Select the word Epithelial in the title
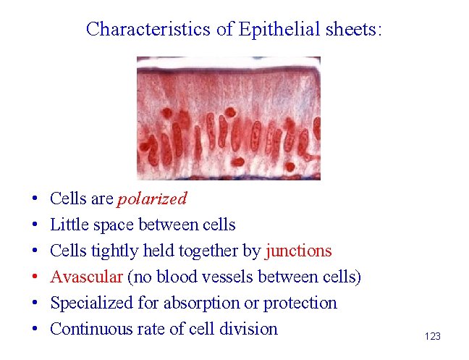pos(261,29)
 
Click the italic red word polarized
pos(152,198)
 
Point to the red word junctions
pos(298,251)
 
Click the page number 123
pos(432,336)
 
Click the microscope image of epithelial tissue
pos(228,118)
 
